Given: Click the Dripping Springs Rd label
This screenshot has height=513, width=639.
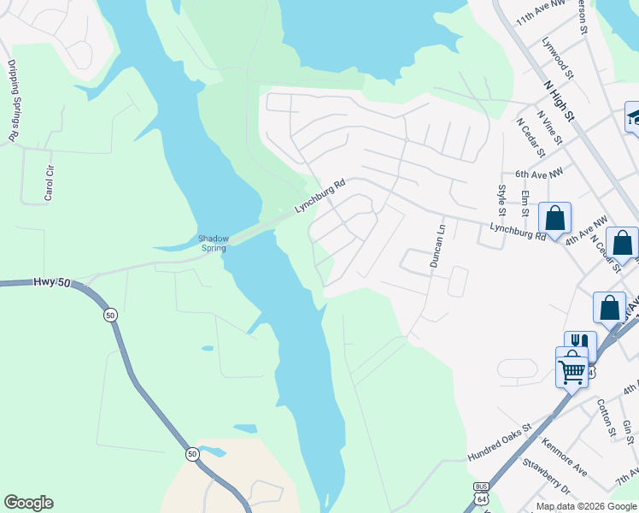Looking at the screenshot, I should pos(14,100).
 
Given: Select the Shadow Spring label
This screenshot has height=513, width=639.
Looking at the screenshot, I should pos(214,244).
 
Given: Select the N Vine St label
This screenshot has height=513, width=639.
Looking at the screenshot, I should pos(549,127).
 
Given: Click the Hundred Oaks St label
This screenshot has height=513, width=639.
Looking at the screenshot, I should pos(500,441).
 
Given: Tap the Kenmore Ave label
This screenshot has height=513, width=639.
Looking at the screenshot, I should pos(565,457).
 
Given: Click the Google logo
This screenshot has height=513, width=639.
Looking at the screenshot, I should pos(28,503).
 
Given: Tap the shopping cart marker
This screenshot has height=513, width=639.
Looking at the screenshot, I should pos(572,369).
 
